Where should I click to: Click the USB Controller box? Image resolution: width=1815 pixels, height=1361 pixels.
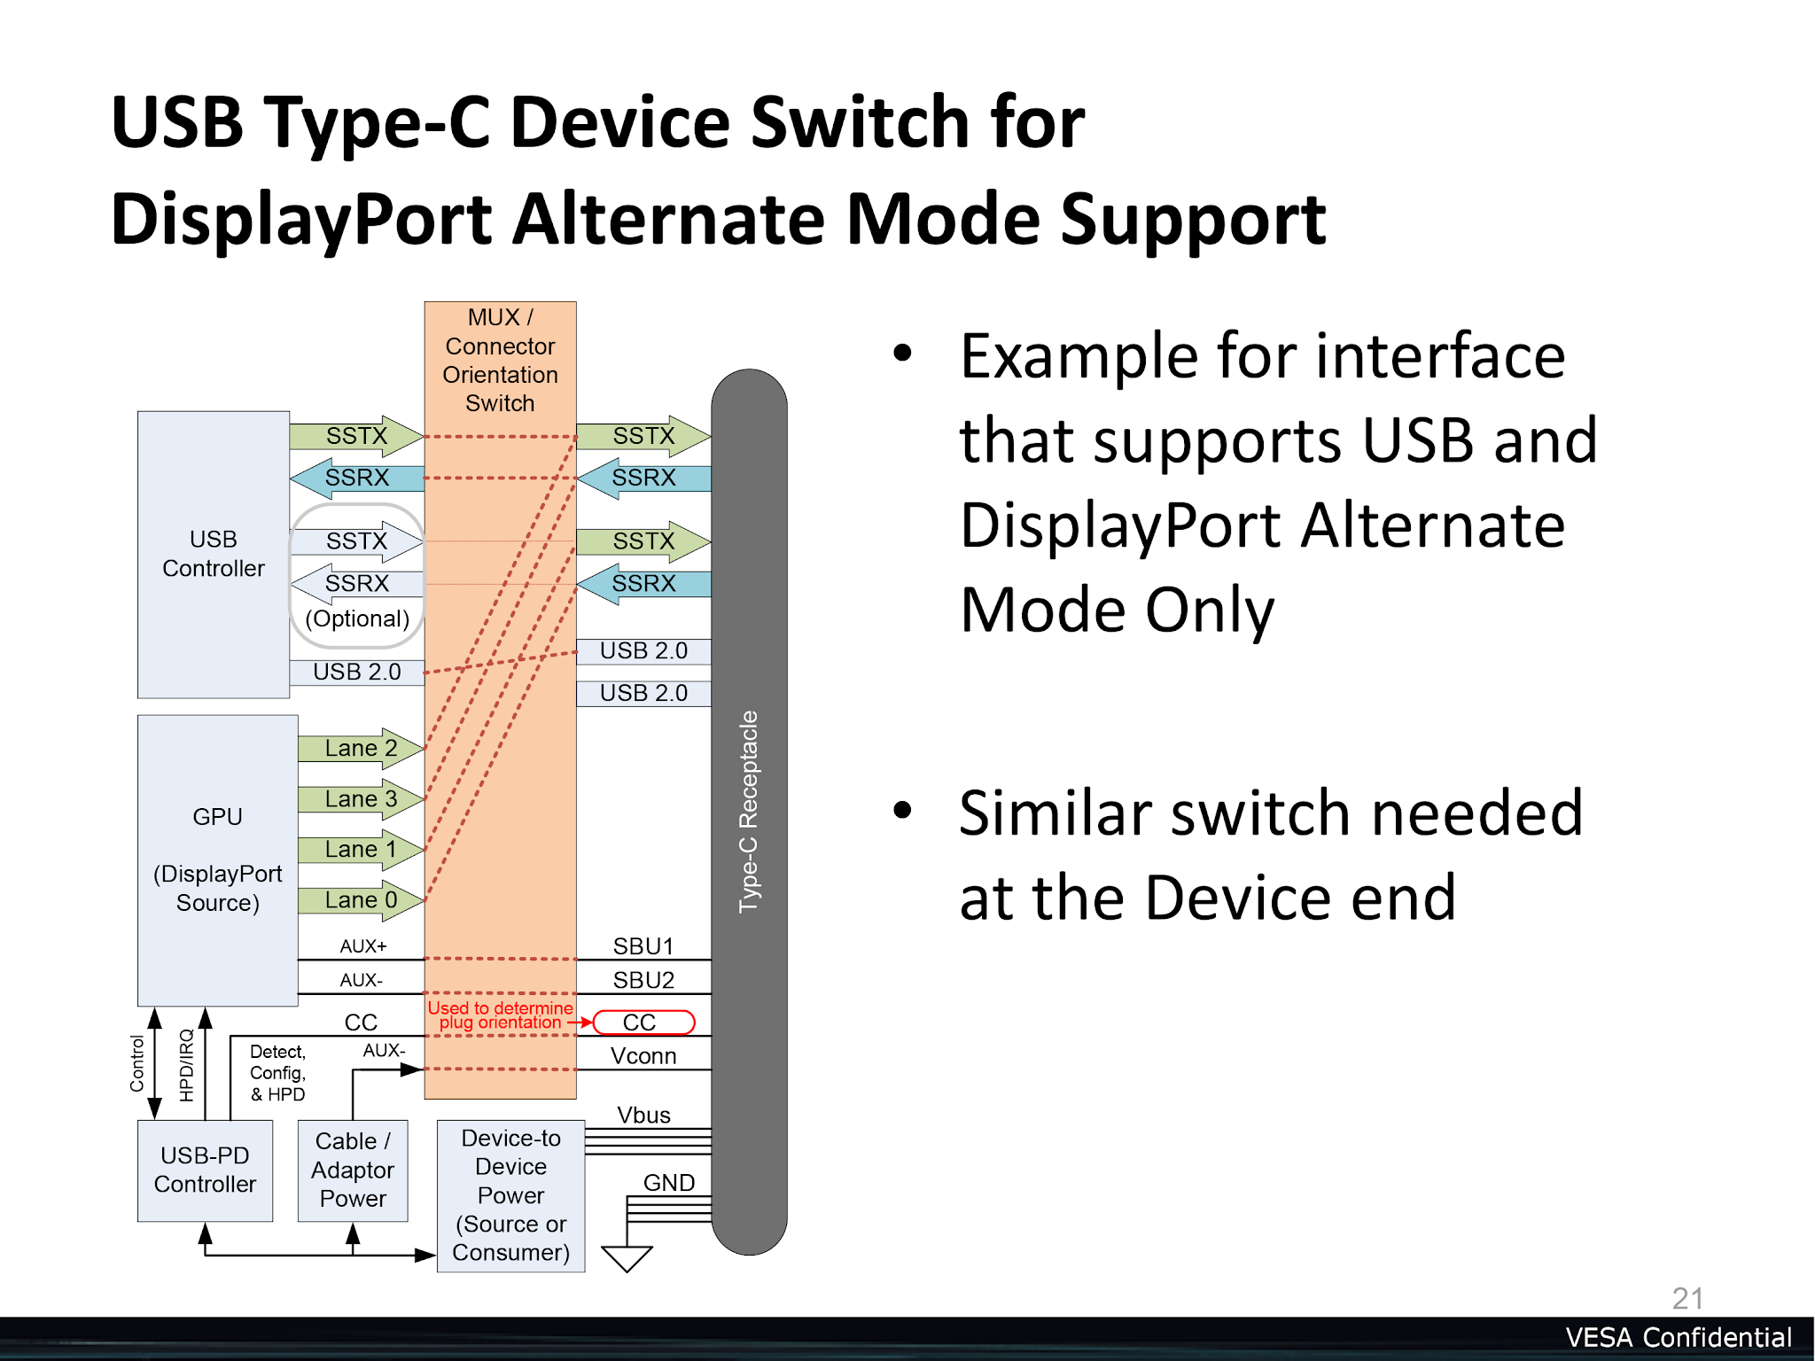pyautogui.click(x=214, y=555)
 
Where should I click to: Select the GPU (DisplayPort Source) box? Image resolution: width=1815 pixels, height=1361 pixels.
pyautogui.click(x=218, y=859)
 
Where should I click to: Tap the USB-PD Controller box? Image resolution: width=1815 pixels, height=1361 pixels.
pyautogui.click(x=205, y=1170)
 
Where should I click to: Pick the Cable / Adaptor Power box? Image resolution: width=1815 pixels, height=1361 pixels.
pyautogui.click(x=353, y=1170)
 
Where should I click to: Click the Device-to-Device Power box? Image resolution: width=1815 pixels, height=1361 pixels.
pyautogui.click(x=510, y=1195)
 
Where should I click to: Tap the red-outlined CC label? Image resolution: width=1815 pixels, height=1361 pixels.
pyautogui.click(x=643, y=1023)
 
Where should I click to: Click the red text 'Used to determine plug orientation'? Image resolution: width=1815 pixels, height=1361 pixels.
pyautogui.click(x=500, y=1015)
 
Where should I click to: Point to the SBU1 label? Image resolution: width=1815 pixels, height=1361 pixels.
pyautogui.click(x=643, y=946)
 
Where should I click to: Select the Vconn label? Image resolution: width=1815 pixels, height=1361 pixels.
pyautogui.click(x=643, y=1056)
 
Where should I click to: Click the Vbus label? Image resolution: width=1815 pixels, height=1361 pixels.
pyautogui.click(x=643, y=1115)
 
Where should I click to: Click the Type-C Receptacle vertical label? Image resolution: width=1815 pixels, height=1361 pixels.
pyautogui.click(x=749, y=812)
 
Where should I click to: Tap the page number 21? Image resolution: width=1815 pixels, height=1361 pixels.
pyautogui.click(x=1687, y=1299)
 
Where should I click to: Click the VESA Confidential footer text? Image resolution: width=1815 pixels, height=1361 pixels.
pyautogui.click(x=1679, y=1338)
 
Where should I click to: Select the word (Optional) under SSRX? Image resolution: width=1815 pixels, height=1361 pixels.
pyautogui.click(x=357, y=618)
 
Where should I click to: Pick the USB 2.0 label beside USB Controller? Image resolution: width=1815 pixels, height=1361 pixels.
pyautogui.click(x=357, y=673)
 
